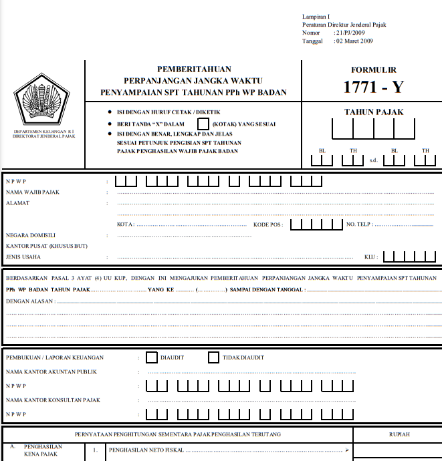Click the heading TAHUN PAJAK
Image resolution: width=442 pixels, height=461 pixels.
(x=373, y=112)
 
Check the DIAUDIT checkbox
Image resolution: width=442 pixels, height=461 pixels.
(x=152, y=357)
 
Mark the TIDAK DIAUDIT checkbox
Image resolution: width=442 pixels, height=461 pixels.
(x=214, y=357)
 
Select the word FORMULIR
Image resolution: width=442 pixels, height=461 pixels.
(x=373, y=69)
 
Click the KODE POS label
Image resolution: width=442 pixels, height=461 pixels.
(x=267, y=224)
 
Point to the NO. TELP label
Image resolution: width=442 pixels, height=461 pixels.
(x=358, y=224)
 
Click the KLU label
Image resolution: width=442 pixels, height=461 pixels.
(x=370, y=257)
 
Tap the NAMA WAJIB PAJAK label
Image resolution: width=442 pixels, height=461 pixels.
(x=33, y=192)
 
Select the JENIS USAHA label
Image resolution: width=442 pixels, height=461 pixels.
(x=23, y=257)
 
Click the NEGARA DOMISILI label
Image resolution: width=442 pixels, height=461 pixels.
(x=31, y=235)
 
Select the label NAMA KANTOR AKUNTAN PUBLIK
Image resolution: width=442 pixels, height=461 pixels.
(x=49, y=371)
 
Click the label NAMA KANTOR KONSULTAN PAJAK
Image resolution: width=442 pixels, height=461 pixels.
(x=53, y=400)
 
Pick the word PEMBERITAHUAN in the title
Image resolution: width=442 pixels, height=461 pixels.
(x=194, y=69)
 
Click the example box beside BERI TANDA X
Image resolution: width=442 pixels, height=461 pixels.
(x=203, y=124)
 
